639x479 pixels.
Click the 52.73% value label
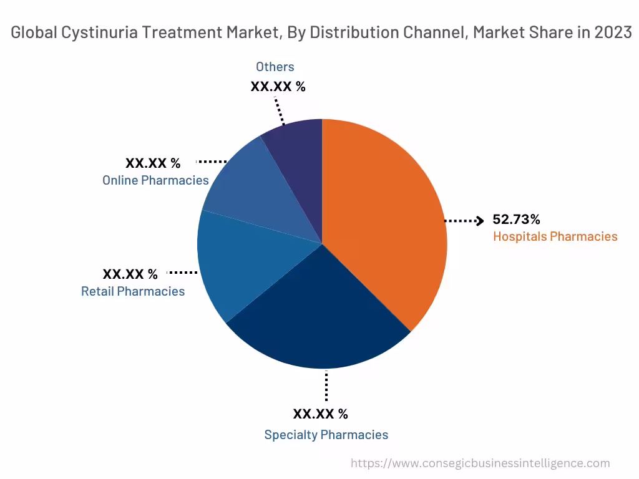pyautogui.click(x=516, y=220)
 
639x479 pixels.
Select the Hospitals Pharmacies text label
pyautogui.click(x=555, y=236)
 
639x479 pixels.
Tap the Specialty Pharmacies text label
pyautogui.click(x=326, y=435)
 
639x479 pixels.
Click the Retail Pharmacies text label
pyautogui.click(x=133, y=291)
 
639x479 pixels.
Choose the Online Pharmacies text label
pyautogui.click(x=155, y=180)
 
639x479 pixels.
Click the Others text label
pyautogui.click(x=275, y=67)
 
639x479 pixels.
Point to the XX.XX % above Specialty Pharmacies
pyautogui.click(x=321, y=414)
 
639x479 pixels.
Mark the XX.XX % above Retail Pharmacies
pyautogui.click(x=130, y=274)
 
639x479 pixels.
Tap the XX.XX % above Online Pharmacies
pyautogui.click(x=153, y=163)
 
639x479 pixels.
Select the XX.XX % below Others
pyautogui.click(x=278, y=87)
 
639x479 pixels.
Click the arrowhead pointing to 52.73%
pyautogui.click(x=479, y=220)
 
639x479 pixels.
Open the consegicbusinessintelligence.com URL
pyautogui.click(x=480, y=463)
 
